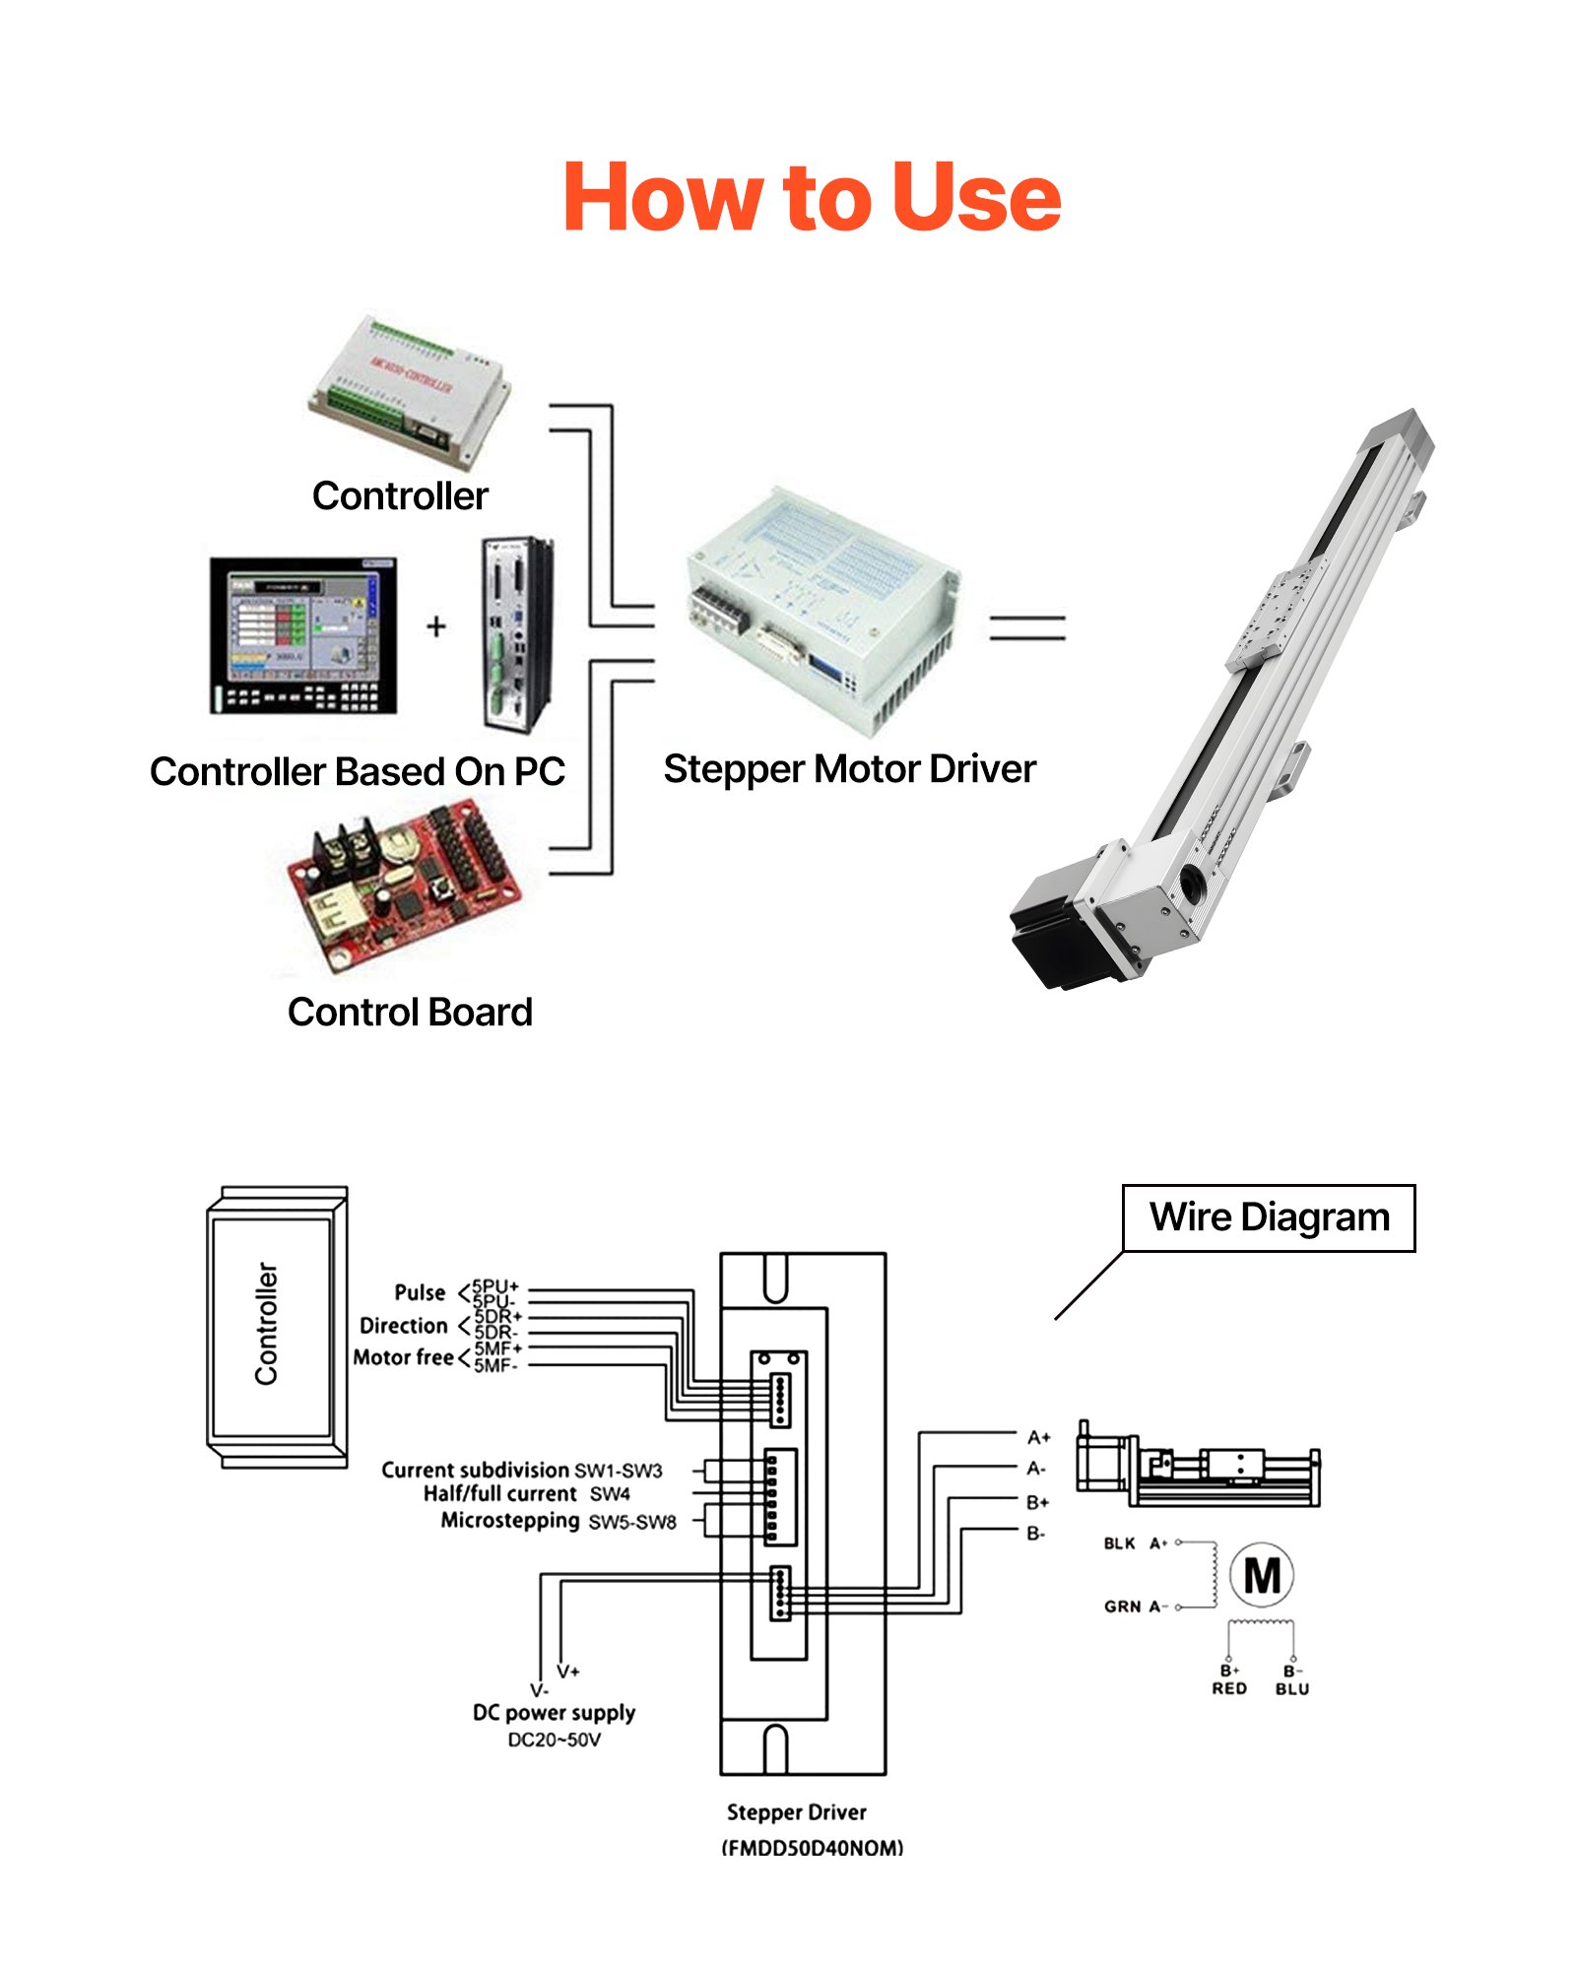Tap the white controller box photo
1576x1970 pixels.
(x=410, y=390)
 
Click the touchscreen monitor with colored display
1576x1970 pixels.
(x=303, y=634)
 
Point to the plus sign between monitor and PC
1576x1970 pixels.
(x=436, y=626)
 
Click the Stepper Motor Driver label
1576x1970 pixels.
(x=849, y=768)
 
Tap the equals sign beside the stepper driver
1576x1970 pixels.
(x=1027, y=628)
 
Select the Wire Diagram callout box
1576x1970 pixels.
(x=1268, y=1217)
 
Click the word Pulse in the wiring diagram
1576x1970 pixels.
(x=420, y=1292)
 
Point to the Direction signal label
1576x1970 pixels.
(x=404, y=1326)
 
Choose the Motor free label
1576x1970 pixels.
(x=403, y=1357)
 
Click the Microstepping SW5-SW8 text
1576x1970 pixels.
(x=558, y=1521)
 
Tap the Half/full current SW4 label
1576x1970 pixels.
(x=526, y=1494)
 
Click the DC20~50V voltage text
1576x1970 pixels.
(x=554, y=1740)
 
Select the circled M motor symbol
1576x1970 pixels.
(x=1262, y=1576)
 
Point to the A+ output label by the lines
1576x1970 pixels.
(x=1038, y=1437)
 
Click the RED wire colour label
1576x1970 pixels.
(x=1228, y=1688)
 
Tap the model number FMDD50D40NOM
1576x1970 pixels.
(x=812, y=1848)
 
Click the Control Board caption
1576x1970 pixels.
(x=410, y=1012)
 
